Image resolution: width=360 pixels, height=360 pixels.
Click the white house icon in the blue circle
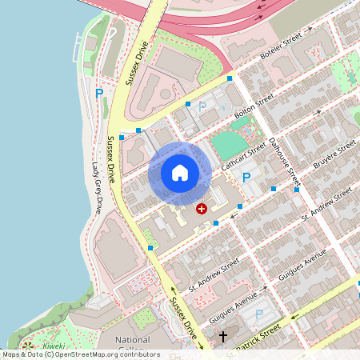click(180, 173)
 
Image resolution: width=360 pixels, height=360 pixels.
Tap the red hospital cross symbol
click(202, 208)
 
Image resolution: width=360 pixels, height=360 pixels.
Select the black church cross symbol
click(224, 337)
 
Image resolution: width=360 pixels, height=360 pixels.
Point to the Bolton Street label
click(254, 106)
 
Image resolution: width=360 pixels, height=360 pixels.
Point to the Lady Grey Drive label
click(97, 189)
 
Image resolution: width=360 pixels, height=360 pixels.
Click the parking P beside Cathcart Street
click(246, 178)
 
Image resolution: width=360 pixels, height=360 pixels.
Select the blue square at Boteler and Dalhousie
click(230, 78)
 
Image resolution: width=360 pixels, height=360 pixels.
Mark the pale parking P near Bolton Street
click(202, 106)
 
